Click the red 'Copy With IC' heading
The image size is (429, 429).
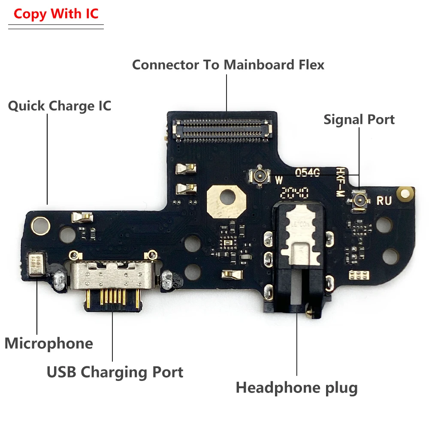(56, 14)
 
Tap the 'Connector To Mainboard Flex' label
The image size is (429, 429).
(228, 65)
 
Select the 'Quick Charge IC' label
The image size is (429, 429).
(60, 106)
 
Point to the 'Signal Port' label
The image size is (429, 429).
(359, 119)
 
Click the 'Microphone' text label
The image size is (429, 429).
(48, 343)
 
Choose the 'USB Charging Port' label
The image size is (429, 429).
(115, 372)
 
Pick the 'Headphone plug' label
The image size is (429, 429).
(296, 388)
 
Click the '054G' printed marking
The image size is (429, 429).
(307, 172)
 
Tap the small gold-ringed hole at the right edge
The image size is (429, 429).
(405, 193)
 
